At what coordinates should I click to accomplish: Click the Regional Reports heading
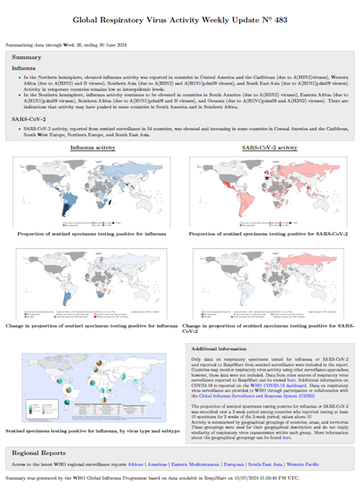[x=42, y=452]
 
